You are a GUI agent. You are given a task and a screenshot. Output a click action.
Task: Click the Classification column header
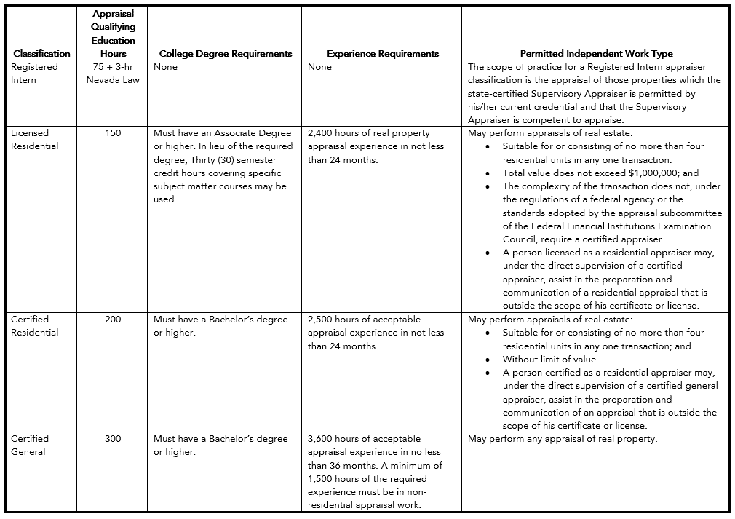pos(41,53)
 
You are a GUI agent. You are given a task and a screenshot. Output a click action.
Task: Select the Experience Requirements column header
pos(383,53)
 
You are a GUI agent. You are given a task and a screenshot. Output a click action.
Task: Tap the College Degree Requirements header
pos(226,53)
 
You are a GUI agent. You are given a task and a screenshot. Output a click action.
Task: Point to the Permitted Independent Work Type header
pos(596,53)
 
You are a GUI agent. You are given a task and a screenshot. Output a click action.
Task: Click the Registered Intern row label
pos(34,73)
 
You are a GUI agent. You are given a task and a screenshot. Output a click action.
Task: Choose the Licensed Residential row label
pos(34,140)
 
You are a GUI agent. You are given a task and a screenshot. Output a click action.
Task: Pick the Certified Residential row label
pos(34,326)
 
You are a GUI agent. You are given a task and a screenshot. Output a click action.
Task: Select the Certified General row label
pos(31,445)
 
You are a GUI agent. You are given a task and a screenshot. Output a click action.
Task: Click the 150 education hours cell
pos(113,133)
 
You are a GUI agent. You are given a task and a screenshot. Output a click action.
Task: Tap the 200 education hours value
pos(113,320)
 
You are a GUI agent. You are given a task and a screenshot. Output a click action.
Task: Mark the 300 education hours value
pos(113,439)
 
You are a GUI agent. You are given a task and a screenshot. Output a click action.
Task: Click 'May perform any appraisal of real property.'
pos(563,439)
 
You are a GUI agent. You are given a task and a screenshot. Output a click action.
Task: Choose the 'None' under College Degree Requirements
pos(165,67)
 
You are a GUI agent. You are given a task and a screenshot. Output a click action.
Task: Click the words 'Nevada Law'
pos(113,80)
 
